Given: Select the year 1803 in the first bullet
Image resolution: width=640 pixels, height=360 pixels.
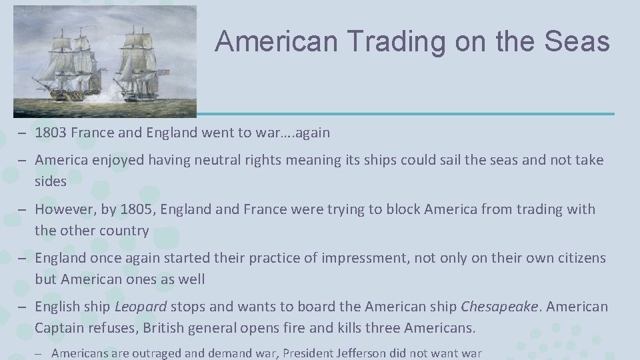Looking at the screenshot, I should click(x=51, y=133).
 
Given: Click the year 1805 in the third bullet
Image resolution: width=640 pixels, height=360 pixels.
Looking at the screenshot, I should click(x=135, y=209).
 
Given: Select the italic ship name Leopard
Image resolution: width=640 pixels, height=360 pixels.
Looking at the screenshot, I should click(x=140, y=307).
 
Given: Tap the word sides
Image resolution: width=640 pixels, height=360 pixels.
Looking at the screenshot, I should click(x=51, y=181).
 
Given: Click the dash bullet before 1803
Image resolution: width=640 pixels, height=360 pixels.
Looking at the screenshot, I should click(x=23, y=133).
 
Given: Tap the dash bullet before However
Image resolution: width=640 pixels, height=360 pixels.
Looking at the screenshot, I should click(x=23, y=210).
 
